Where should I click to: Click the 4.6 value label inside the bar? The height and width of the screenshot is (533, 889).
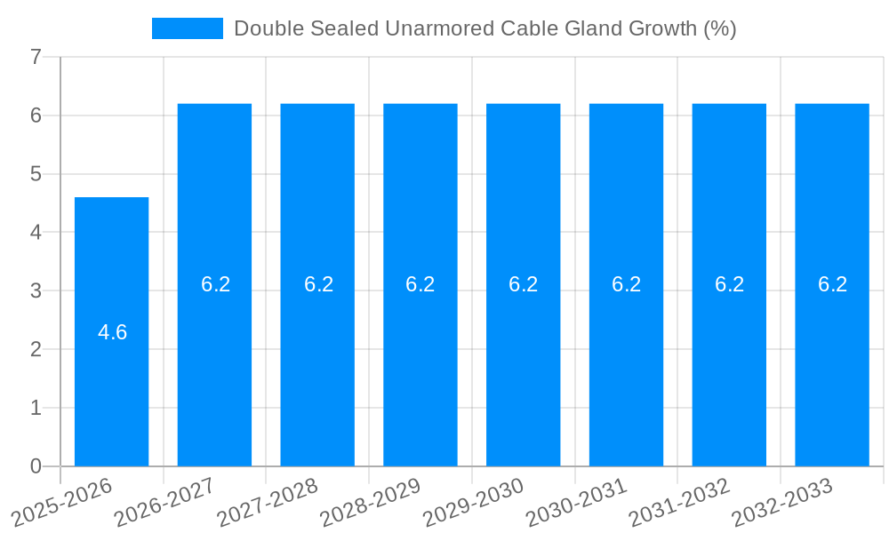coord(113,332)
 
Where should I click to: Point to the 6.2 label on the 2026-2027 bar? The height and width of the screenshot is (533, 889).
coord(215,284)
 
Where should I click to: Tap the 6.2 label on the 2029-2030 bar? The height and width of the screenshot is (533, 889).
coord(524,284)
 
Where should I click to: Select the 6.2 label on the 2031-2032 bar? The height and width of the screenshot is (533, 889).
coord(729,284)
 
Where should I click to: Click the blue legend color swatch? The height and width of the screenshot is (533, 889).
coord(187,28)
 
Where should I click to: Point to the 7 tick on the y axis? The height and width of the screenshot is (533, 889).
coord(36,57)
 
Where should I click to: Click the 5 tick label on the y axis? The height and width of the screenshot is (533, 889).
coord(36,174)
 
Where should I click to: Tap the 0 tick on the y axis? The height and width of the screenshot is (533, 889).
coord(36,466)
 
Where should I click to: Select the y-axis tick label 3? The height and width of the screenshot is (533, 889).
coord(36,291)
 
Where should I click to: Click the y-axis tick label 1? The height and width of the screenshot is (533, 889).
coord(36,408)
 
